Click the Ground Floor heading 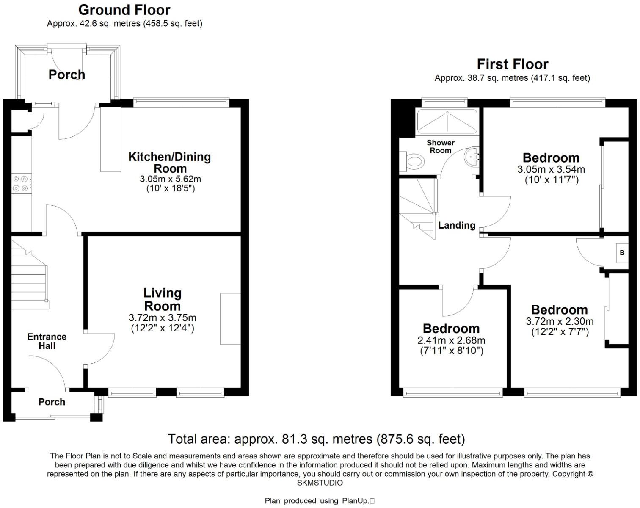(124, 10)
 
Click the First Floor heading (512, 64)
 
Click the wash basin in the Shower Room (472, 157)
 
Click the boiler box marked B (622, 253)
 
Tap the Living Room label (162, 299)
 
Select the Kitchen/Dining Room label (170, 162)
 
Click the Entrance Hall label (47, 341)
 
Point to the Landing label (457, 225)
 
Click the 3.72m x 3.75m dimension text (162, 318)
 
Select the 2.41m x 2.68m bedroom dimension (451, 340)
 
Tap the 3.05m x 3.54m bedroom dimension (551, 170)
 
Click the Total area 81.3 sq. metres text (316, 439)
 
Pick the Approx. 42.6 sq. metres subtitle (124, 24)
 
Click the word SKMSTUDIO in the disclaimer (320, 483)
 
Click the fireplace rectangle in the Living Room (230, 319)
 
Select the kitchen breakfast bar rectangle (110, 139)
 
